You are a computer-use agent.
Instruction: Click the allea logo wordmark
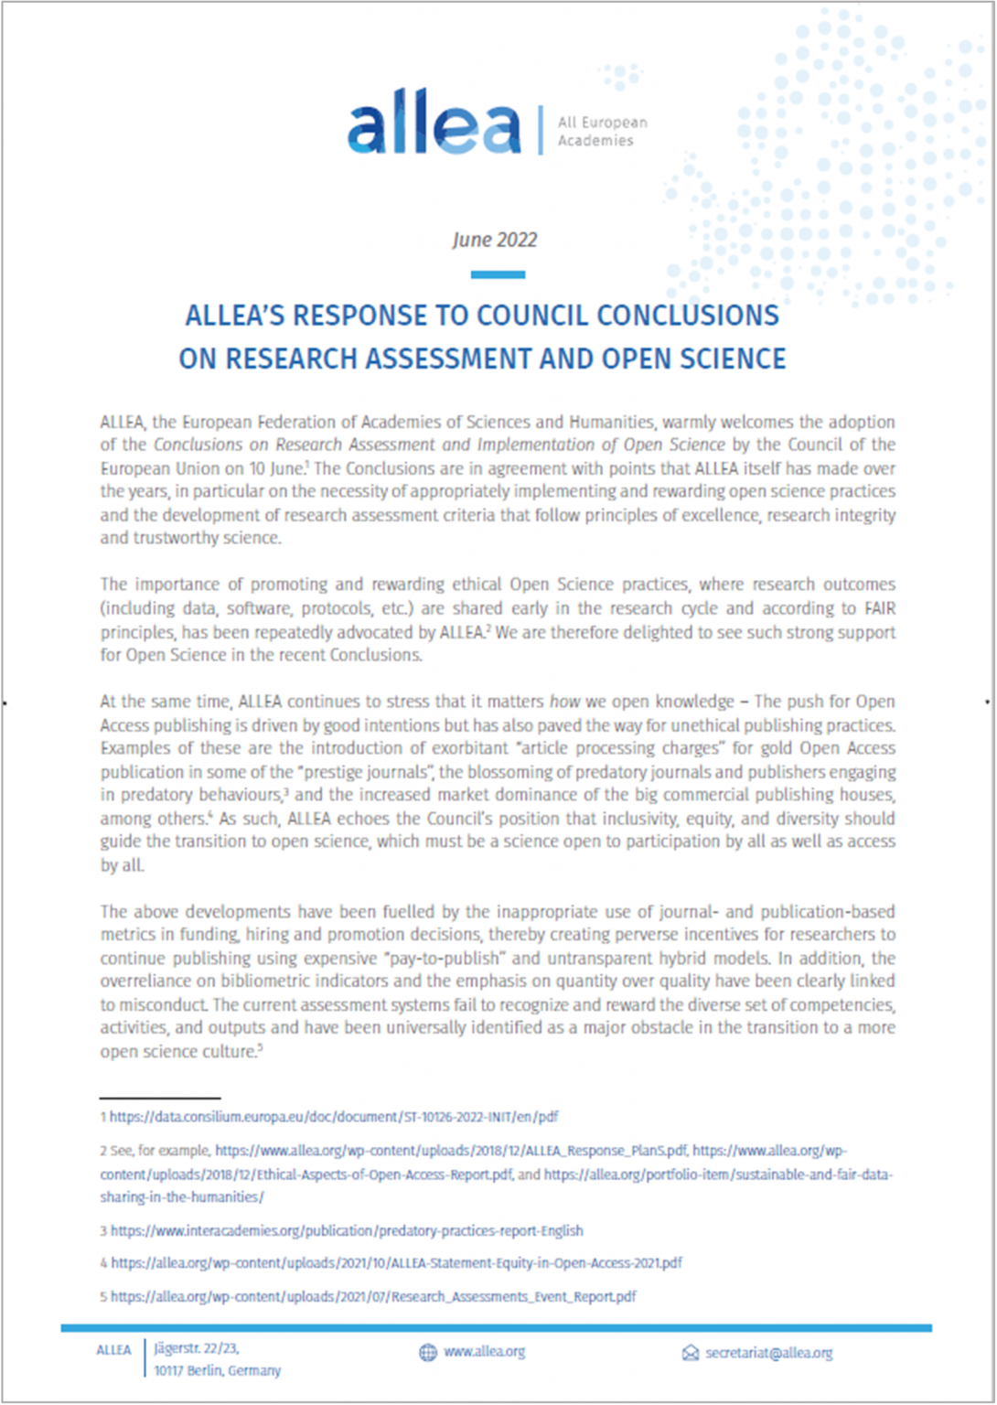coord(434,128)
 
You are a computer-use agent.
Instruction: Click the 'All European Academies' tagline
coord(602,131)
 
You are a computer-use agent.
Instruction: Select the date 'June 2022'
coord(495,240)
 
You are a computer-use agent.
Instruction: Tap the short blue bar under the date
coord(498,274)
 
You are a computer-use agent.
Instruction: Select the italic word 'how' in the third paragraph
coord(564,702)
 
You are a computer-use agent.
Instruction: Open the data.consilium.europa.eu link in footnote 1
coord(334,1117)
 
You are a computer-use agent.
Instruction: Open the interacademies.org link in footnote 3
coord(347,1231)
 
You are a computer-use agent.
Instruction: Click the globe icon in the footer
coord(427,1353)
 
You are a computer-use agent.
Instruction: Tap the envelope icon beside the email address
coord(691,1354)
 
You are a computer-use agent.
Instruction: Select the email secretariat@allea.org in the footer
coord(768,1354)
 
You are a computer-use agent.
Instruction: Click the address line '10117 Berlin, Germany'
coord(218,1371)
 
